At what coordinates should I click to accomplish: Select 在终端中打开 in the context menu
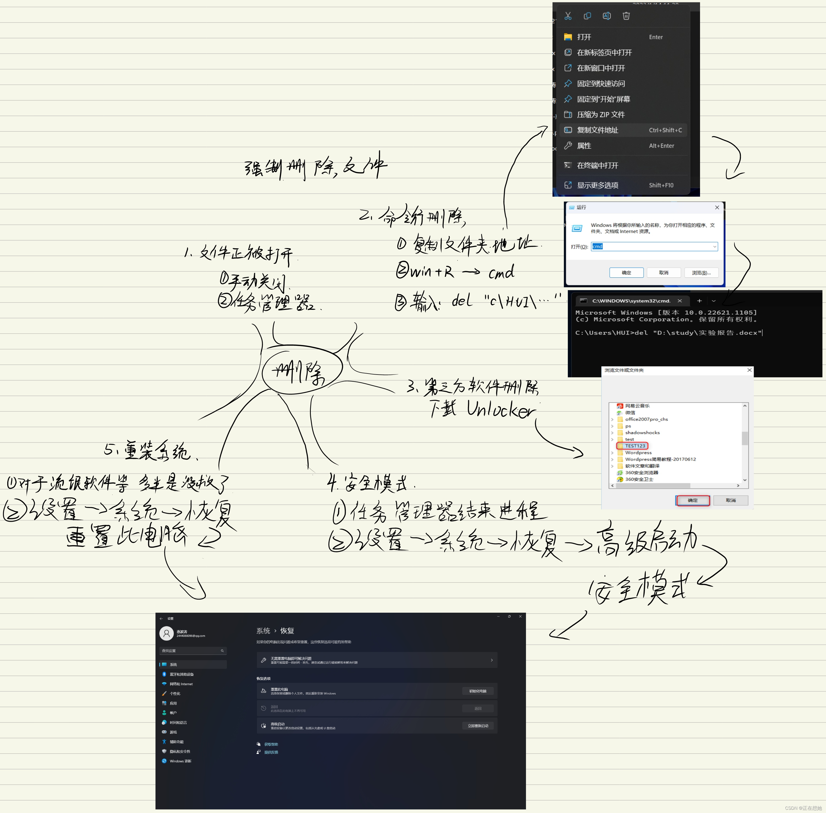pos(597,165)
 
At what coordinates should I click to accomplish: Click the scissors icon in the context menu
pos(568,16)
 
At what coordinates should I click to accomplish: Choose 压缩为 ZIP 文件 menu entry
pos(600,114)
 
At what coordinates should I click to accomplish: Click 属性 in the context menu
pos(584,146)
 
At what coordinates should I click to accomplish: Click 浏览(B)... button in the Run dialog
pos(701,273)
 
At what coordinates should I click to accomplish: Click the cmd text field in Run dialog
pos(654,246)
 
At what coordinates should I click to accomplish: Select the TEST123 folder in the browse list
pos(635,446)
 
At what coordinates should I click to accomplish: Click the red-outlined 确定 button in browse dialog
pos(692,500)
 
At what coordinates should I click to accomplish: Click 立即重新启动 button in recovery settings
pos(478,725)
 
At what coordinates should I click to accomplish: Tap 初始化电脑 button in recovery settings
pos(478,691)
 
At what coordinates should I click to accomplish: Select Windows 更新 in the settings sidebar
pos(180,761)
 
